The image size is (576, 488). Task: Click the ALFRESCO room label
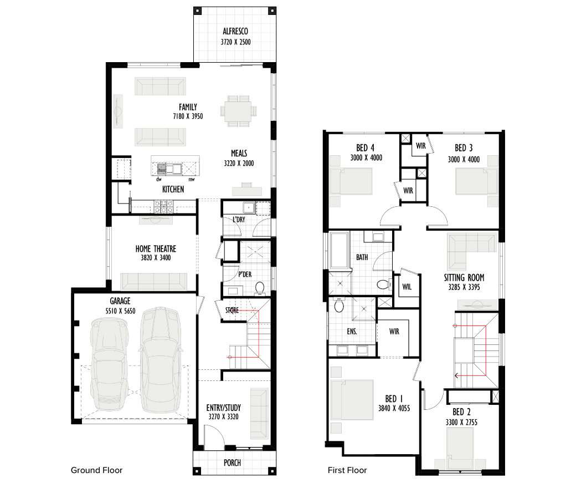tap(235, 31)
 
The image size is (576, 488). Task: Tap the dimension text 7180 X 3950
tap(188, 116)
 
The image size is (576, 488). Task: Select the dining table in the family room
tap(238, 111)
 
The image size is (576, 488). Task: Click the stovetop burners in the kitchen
tap(164, 206)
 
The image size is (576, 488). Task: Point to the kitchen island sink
tap(169, 169)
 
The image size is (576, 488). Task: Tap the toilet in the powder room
tap(260, 288)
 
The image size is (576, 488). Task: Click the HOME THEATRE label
tap(156, 249)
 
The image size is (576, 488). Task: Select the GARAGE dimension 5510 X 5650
tap(121, 311)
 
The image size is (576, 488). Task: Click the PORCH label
tap(232, 462)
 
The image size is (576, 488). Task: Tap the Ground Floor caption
tap(96, 470)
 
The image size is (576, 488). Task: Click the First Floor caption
tap(347, 470)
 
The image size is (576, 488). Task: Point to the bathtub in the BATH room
tap(340, 250)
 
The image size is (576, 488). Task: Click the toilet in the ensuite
tap(339, 305)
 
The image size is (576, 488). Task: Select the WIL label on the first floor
tap(407, 287)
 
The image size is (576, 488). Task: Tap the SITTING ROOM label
tap(464, 278)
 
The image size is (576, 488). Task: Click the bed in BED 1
tap(352, 400)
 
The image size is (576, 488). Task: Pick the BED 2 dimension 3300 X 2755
tap(462, 422)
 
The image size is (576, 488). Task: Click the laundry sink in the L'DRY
tap(249, 208)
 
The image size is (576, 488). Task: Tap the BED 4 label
tap(366, 148)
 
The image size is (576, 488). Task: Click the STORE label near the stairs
tap(232, 311)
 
